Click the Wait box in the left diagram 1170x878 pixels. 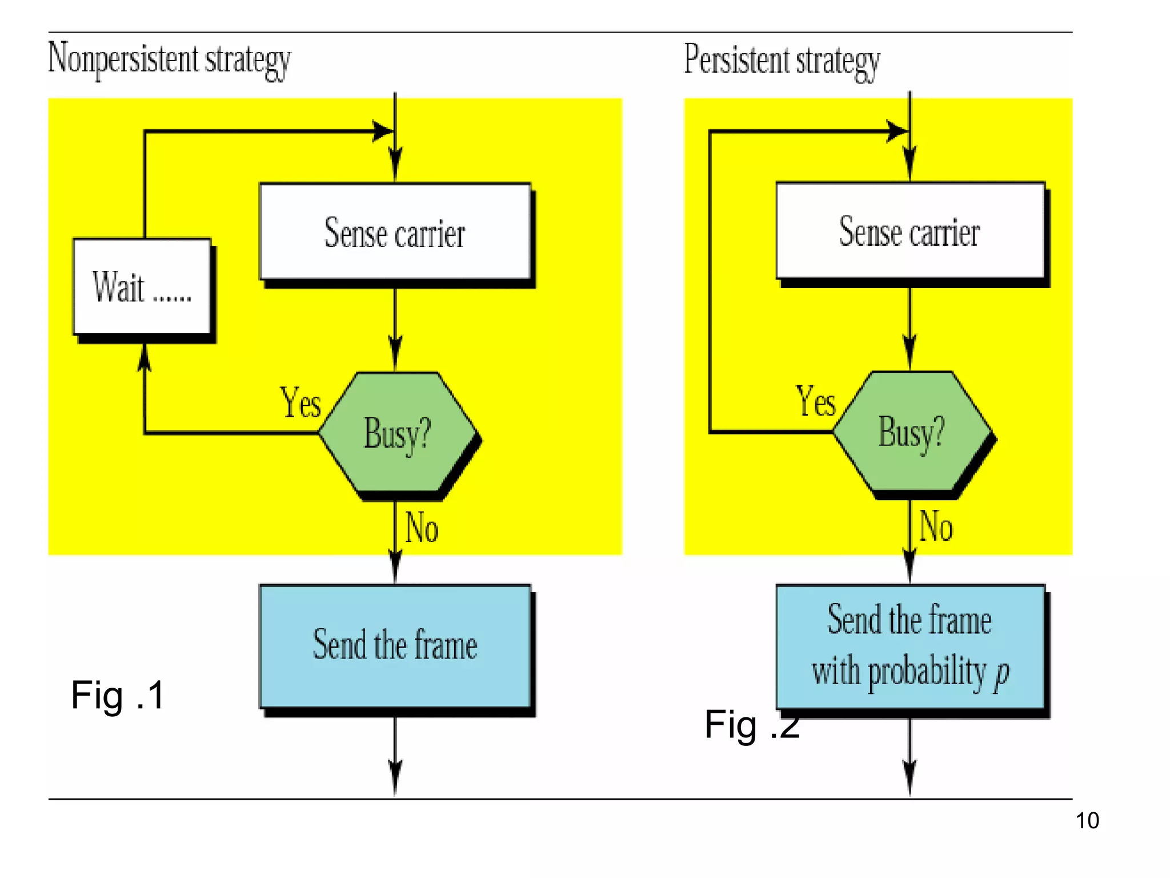point(142,286)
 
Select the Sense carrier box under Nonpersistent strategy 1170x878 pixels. point(395,232)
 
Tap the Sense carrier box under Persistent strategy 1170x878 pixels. point(910,231)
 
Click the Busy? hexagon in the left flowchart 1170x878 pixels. point(398,432)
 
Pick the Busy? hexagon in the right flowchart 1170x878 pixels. point(912,431)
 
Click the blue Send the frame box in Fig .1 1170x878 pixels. point(395,646)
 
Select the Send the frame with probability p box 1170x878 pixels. point(910,646)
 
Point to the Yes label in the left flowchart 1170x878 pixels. point(300,402)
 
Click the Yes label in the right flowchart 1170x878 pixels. point(816,401)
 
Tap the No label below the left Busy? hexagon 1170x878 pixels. point(422,528)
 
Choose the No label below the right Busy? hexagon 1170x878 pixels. point(936,526)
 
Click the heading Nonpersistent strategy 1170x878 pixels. point(170,59)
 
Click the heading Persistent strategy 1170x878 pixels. point(782,61)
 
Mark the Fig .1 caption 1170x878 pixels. point(118,696)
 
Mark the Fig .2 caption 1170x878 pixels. point(751,725)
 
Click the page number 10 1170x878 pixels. point(1087,821)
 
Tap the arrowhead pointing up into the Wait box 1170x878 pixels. point(145,357)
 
